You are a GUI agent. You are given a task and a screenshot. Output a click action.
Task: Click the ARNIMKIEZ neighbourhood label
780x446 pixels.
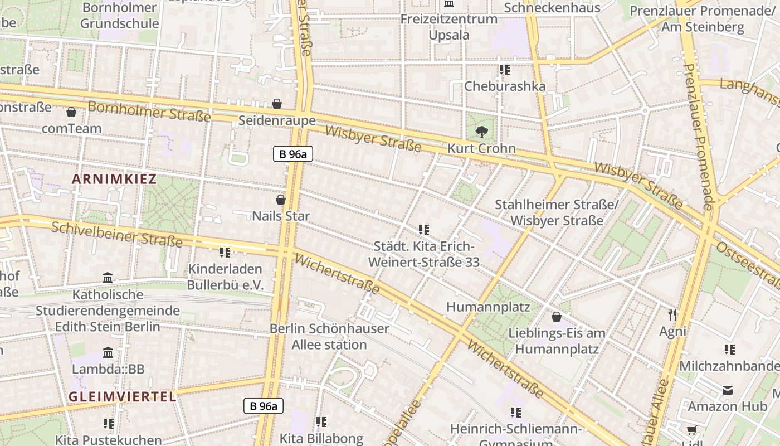click(x=114, y=179)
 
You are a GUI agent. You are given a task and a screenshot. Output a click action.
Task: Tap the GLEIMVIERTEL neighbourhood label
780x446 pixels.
click(x=123, y=397)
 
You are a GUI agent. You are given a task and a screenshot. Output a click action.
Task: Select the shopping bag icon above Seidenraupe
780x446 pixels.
click(x=277, y=104)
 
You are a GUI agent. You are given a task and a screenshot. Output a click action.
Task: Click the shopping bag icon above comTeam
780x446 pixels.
click(x=71, y=112)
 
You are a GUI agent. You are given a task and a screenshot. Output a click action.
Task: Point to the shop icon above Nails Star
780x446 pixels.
click(x=281, y=199)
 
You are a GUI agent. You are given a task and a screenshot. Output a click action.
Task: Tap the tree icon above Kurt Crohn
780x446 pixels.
click(x=481, y=132)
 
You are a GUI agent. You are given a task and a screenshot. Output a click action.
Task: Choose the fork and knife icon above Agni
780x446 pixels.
click(x=672, y=315)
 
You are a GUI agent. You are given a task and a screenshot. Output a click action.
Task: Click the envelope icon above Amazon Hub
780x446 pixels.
click(x=728, y=390)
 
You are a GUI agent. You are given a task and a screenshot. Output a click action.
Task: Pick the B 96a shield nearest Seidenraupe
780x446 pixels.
click(x=292, y=154)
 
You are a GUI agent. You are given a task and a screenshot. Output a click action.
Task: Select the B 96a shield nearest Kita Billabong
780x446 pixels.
click(x=264, y=406)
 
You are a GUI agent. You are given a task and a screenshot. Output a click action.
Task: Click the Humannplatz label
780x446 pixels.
click(x=489, y=307)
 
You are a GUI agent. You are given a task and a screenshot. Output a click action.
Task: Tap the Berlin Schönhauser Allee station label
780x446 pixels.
click(x=329, y=336)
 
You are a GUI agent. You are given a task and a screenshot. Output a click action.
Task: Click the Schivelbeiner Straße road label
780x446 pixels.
click(x=117, y=234)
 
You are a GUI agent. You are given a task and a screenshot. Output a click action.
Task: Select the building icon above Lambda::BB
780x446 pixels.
click(x=108, y=352)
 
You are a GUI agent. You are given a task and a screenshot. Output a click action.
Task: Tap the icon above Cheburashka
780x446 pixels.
click(x=505, y=70)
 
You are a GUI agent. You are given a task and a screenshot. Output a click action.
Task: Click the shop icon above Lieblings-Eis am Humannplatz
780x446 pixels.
click(x=556, y=317)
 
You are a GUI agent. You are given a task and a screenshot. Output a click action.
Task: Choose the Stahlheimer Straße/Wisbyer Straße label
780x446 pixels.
click(x=557, y=212)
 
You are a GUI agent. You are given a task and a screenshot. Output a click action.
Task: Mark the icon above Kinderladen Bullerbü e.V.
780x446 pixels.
click(x=225, y=253)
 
